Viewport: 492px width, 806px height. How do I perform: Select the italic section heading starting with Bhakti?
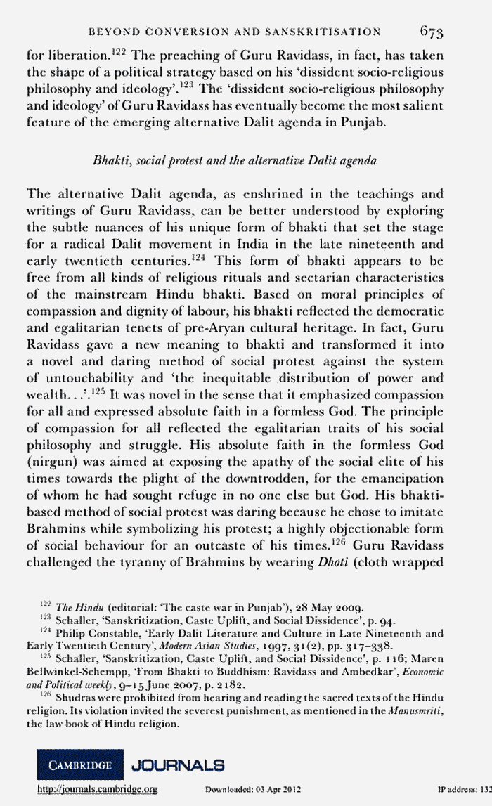pos(235,160)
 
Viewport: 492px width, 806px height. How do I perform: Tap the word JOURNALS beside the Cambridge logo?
pos(179,764)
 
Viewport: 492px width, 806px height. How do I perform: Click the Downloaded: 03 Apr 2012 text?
pos(253,789)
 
